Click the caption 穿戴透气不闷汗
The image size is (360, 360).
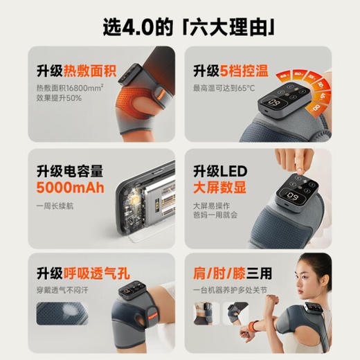coord(69,291)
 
